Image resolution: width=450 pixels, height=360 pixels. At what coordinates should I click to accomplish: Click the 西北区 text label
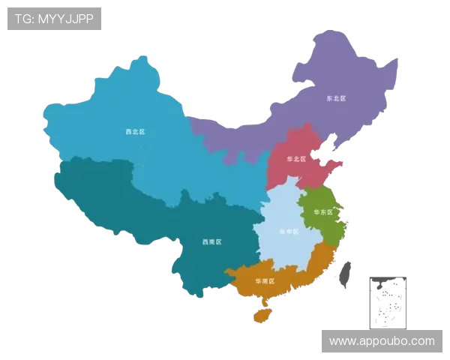pyautogui.click(x=135, y=132)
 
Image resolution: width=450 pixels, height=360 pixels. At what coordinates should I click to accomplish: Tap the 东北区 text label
pyautogui.click(x=335, y=98)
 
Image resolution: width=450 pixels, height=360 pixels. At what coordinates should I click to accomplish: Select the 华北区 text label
pyautogui.click(x=297, y=159)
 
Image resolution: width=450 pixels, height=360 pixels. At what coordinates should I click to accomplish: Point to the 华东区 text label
pyautogui.click(x=322, y=212)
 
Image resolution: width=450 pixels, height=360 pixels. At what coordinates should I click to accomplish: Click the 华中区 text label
pyautogui.click(x=288, y=231)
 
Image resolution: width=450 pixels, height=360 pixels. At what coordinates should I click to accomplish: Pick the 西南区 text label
pyautogui.click(x=211, y=242)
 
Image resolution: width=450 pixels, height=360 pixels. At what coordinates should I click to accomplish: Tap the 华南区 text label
pyautogui.click(x=264, y=280)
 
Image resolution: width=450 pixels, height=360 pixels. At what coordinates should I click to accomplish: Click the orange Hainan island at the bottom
pyautogui.click(x=262, y=314)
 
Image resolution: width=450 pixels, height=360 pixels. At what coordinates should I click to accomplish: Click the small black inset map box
pyautogui.click(x=386, y=301)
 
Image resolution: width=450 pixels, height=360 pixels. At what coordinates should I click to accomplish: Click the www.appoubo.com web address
pyautogui.click(x=382, y=341)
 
